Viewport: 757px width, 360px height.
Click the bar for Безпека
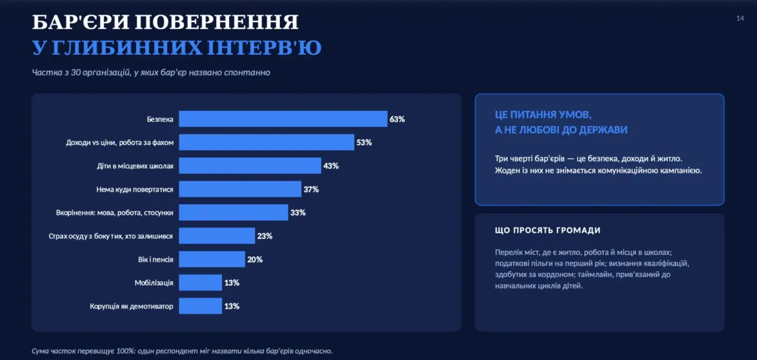click(283, 119)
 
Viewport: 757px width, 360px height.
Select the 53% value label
click(364, 142)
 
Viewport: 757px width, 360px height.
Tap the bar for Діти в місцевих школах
click(250, 165)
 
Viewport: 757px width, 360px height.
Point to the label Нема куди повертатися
click(134, 189)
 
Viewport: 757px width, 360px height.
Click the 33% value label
click(298, 212)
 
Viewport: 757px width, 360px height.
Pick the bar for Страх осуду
click(217, 236)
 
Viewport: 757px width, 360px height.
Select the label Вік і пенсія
click(155, 260)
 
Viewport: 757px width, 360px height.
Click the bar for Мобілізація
click(201, 282)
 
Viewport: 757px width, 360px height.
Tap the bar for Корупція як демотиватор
click(201, 306)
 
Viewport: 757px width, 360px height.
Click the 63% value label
click(397, 119)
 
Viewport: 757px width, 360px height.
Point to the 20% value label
click(255, 260)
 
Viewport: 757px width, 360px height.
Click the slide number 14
click(740, 18)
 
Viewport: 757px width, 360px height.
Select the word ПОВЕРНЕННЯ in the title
click(216, 22)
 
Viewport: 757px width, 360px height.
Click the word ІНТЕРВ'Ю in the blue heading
click(264, 48)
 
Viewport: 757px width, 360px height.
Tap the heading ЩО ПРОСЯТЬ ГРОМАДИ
click(548, 230)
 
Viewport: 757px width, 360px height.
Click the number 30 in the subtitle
click(75, 73)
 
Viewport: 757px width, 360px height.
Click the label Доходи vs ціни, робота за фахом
click(120, 142)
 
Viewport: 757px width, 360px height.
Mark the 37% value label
click(311, 189)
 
